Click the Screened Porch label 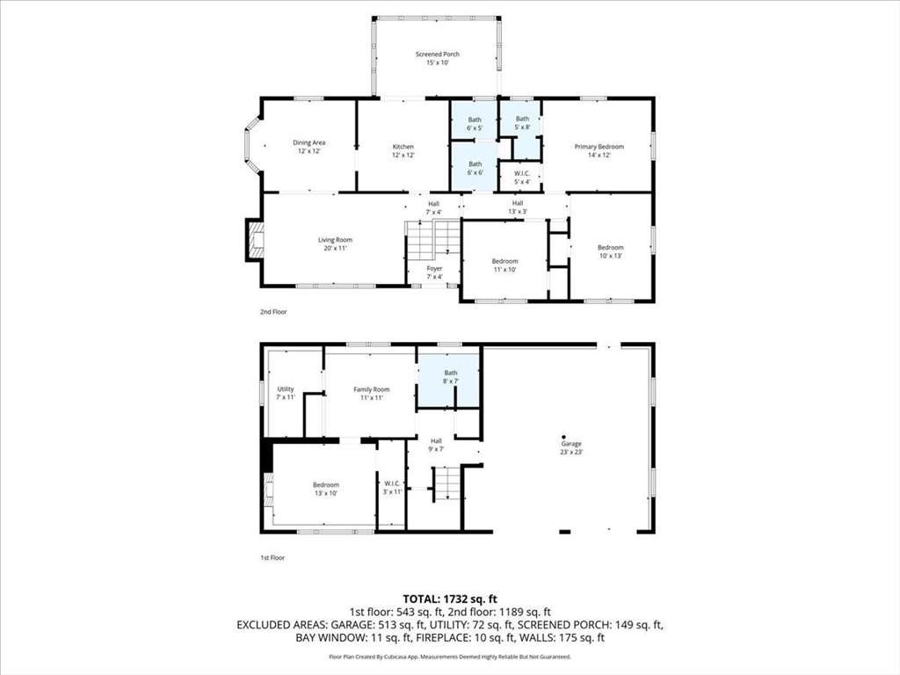click(x=437, y=59)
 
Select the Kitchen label click(x=403, y=151)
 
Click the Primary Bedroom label click(x=599, y=151)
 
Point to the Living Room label click(x=335, y=243)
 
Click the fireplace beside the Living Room click(x=255, y=240)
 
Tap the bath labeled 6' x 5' click(x=475, y=124)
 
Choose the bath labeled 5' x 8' click(x=522, y=123)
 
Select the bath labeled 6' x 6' click(x=475, y=168)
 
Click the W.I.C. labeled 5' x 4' click(x=521, y=178)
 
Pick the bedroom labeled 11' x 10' click(x=504, y=265)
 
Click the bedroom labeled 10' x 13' click(x=610, y=251)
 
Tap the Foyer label click(x=434, y=272)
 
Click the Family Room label click(x=371, y=394)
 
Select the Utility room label click(x=286, y=393)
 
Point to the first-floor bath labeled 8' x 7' click(x=449, y=377)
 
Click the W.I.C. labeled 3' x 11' click(x=392, y=488)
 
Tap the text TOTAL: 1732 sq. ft click(x=449, y=598)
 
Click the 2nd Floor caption click(x=272, y=311)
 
